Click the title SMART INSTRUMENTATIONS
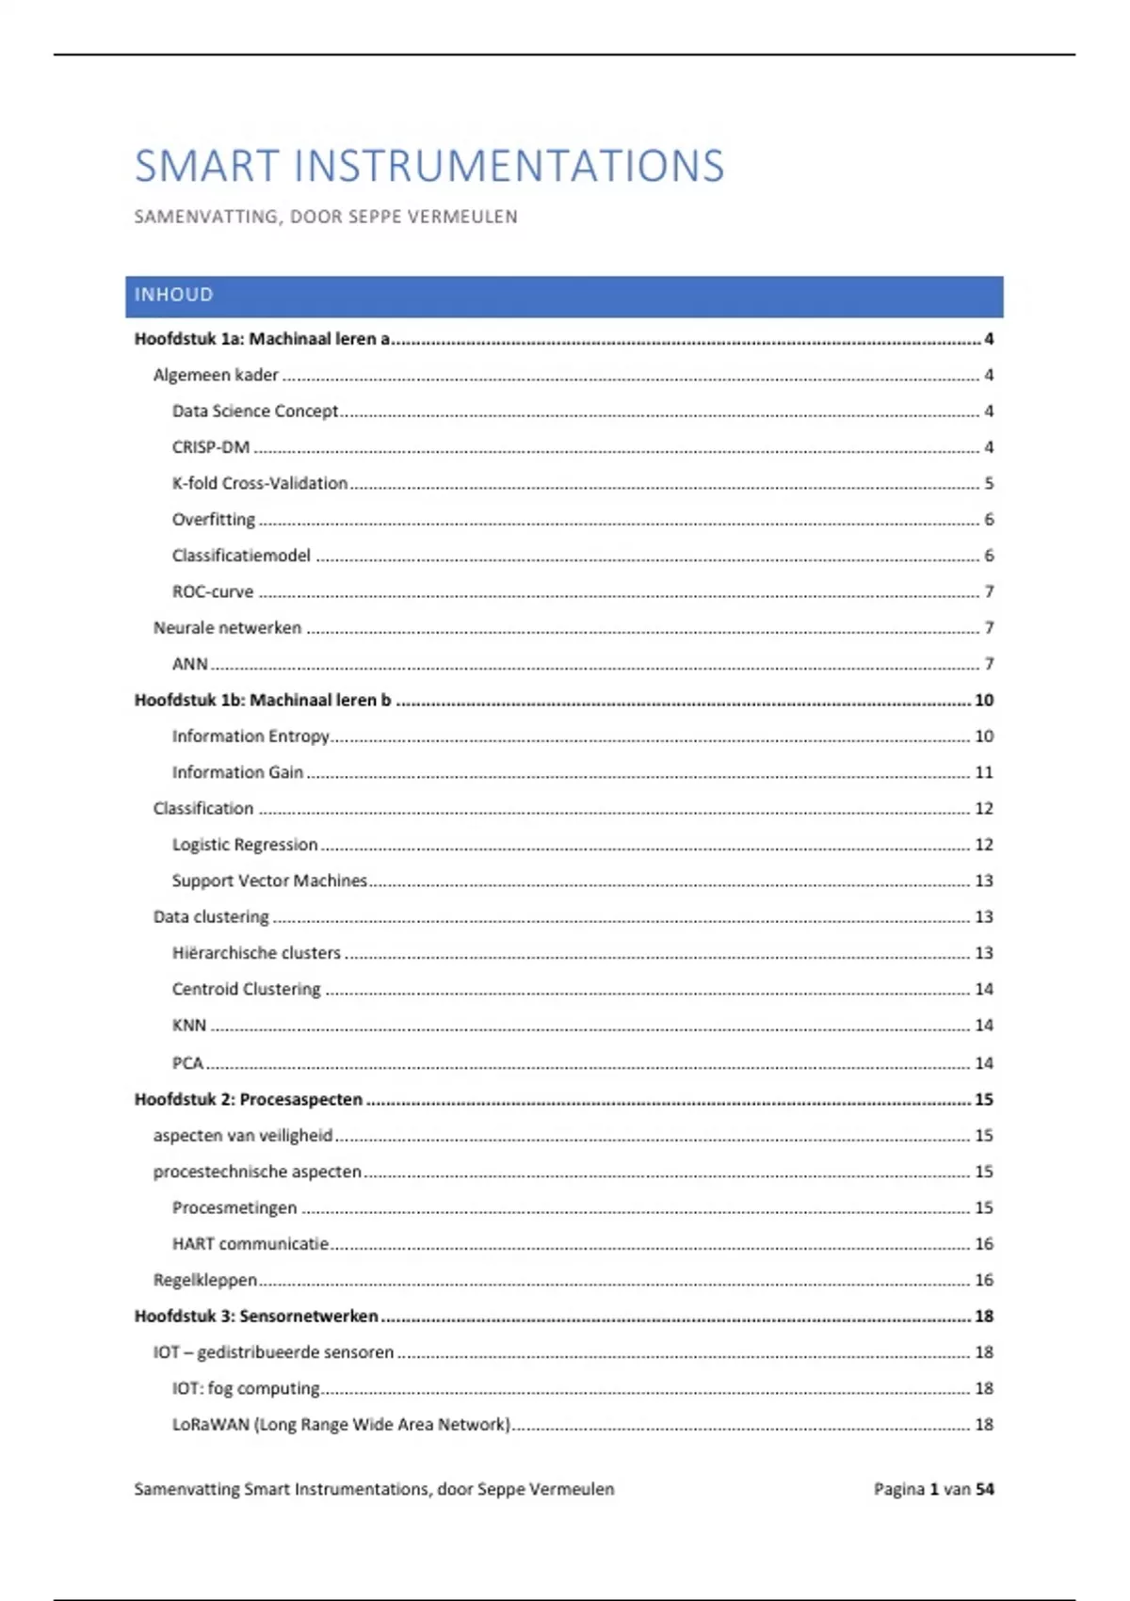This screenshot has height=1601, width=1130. [428, 167]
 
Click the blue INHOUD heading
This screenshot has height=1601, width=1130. [174, 295]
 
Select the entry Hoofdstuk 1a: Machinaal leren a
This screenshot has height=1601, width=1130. [262, 339]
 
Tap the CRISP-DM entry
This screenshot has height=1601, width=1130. [211, 447]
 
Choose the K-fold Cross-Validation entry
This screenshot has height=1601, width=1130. [260, 483]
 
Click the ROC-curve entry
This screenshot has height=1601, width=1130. [213, 591]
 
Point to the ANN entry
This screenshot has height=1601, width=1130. [189, 664]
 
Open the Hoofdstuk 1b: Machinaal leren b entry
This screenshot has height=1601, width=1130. [262, 700]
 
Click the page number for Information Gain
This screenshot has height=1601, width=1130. [983, 772]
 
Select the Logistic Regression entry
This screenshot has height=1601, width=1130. [245, 845]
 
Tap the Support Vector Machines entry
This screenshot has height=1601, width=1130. [269, 881]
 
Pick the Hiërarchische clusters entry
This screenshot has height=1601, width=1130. [256, 953]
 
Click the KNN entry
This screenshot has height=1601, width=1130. [189, 1026]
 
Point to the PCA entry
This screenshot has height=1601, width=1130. [187, 1063]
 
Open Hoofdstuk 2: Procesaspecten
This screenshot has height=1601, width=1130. [248, 1099]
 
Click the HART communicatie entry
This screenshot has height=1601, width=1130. [250, 1244]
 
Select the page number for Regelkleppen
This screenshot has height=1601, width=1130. [983, 1280]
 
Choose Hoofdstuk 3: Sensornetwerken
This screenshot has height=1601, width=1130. [256, 1316]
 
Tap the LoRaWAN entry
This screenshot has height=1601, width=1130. [341, 1425]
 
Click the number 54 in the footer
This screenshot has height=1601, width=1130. [985, 1489]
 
